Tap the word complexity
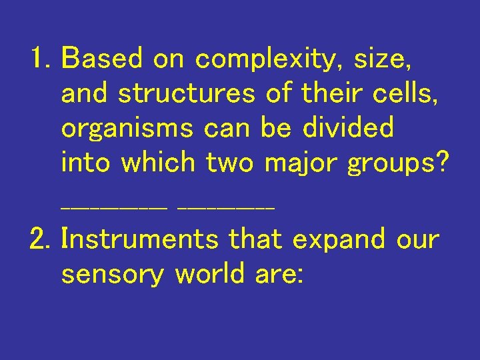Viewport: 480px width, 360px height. pyautogui.click(x=264, y=61)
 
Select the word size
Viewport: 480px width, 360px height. pyautogui.click(x=382, y=61)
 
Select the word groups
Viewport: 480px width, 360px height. pyautogui.click(x=387, y=163)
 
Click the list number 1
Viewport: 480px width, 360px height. pyautogui.click(x=39, y=59)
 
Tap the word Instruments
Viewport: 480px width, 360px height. pyautogui.click(x=139, y=239)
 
